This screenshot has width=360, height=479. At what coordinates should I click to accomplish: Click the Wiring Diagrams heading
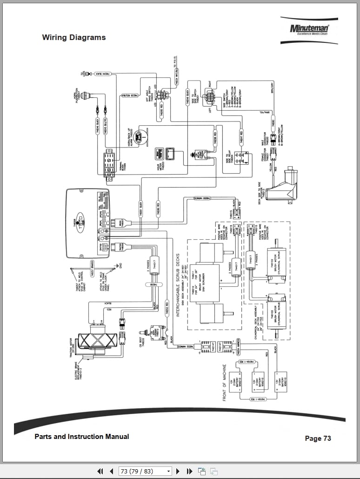pyautogui.click(x=73, y=38)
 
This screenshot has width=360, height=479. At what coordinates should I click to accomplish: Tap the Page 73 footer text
pyautogui.click(x=318, y=438)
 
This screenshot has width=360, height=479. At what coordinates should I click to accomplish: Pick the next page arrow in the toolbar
pyautogui.click(x=178, y=471)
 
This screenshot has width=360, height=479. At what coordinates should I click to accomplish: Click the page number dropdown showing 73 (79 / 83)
pyautogui.click(x=145, y=471)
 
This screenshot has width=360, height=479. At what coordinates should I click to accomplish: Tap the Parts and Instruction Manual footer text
pyautogui.click(x=82, y=437)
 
